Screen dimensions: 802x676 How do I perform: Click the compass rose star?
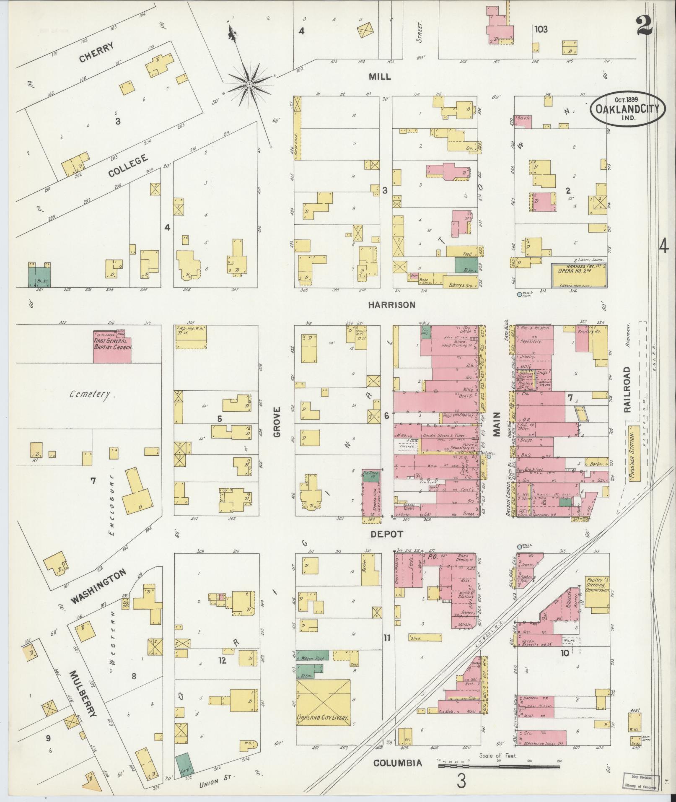pyautogui.click(x=249, y=84)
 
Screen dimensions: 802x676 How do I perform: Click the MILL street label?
pyautogui.click(x=380, y=77)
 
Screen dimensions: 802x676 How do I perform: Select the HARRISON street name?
pyautogui.click(x=392, y=305)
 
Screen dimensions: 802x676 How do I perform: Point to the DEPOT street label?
pyautogui.click(x=387, y=534)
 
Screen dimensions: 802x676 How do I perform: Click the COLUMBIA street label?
pyautogui.click(x=397, y=763)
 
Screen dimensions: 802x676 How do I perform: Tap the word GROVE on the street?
pyautogui.click(x=277, y=423)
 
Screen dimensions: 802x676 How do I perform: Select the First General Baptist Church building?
pyautogui.click(x=112, y=347)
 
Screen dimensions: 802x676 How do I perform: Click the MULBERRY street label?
pyautogui.click(x=83, y=694)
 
